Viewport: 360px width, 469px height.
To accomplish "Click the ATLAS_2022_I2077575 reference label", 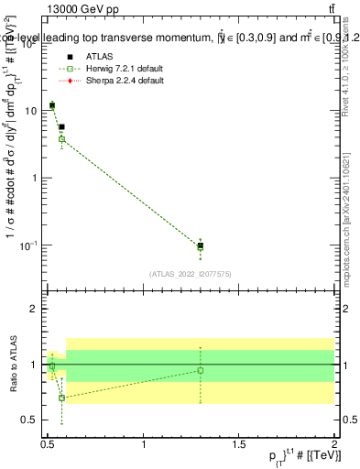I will [x=191, y=273].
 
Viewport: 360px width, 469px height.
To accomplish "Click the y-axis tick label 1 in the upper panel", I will [x=35, y=178].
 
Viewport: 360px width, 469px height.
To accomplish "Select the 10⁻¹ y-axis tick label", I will [x=29, y=245].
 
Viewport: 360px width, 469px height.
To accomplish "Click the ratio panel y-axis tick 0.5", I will [x=30, y=420].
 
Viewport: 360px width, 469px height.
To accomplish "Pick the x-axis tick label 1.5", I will [x=239, y=444].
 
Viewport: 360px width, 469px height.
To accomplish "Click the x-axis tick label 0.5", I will [x=49, y=444].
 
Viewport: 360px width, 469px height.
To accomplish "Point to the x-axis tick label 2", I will [x=334, y=444].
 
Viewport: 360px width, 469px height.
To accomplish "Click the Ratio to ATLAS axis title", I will [x=12, y=365].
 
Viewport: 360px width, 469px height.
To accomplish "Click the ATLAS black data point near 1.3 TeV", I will [x=201, y=245].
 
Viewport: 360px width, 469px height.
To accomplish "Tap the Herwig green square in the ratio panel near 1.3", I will [x=201, y=370].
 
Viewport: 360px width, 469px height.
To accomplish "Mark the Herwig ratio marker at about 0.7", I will [x=61, y=398].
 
